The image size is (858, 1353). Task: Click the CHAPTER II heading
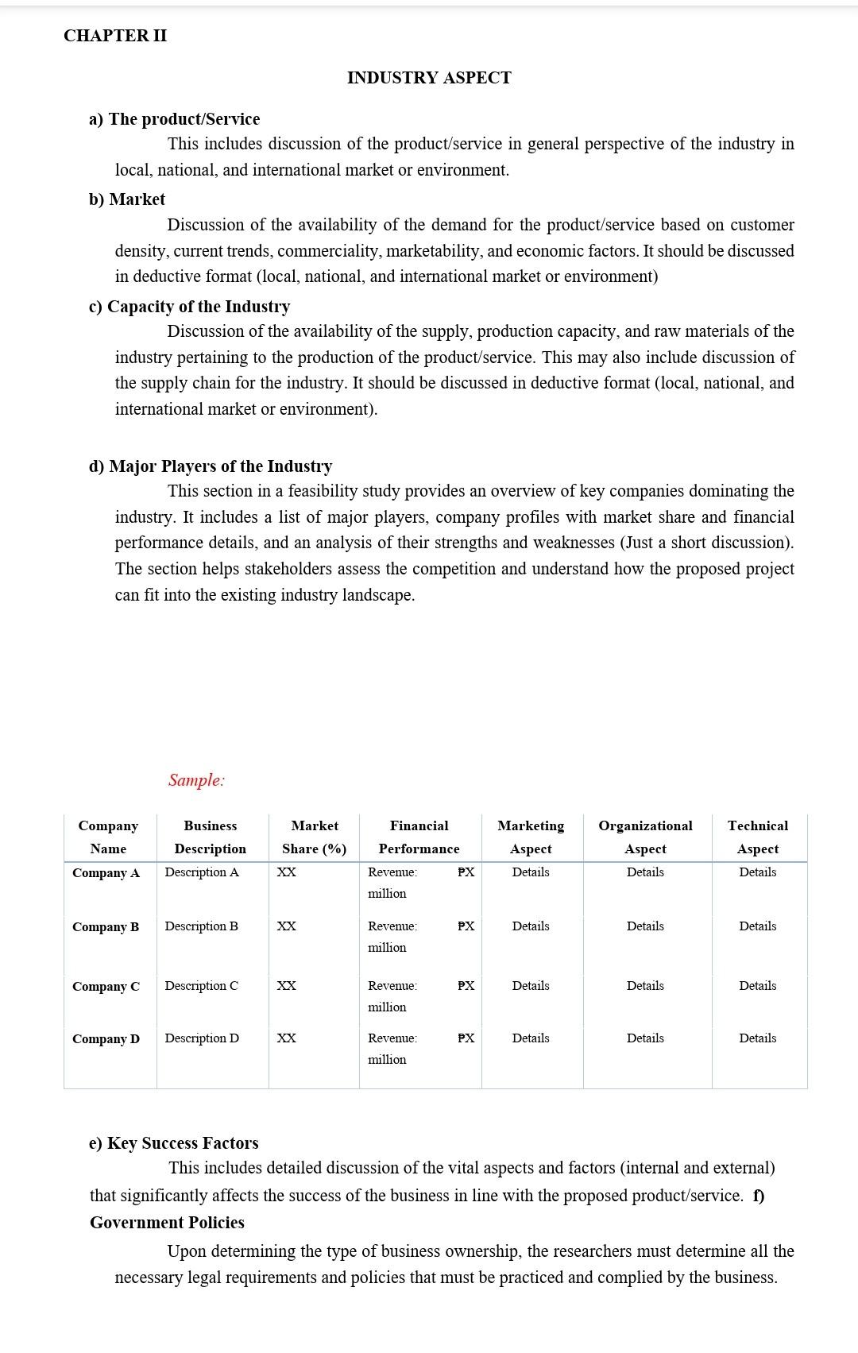(115, 36)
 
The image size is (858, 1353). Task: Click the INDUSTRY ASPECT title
(429, 78)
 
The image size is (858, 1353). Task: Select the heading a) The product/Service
(174, 119)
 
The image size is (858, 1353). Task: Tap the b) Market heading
(127, 199)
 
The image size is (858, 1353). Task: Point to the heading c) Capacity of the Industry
(189, 307)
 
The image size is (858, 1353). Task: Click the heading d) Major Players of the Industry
(210, 466)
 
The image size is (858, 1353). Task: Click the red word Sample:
(196, 780)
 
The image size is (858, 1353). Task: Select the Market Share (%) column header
(314, 837)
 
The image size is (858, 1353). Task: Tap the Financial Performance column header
(419, 837)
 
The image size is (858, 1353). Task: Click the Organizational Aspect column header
(645, 837)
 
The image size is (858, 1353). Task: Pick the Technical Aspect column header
(757, 837)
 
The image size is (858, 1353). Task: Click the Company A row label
(106, 873)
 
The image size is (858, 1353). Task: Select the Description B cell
(201, 926)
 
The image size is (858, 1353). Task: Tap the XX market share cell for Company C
(286, 986)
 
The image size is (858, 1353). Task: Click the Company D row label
(106, 1039)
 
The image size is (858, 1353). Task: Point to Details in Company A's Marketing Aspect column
(531, 872)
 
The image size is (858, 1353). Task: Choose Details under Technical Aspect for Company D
(757, 1038)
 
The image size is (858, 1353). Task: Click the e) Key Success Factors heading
(173, 1143)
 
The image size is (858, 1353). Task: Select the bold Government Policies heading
(167, 1223)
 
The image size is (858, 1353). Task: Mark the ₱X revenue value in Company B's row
(466, 926)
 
